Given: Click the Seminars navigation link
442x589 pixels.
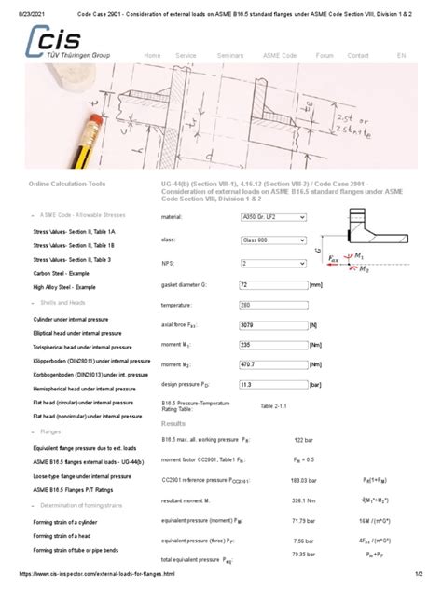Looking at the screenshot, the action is pos(229,55).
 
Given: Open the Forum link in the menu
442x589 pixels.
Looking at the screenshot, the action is pos(325,55).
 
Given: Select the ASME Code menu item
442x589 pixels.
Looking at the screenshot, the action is pos(277,55).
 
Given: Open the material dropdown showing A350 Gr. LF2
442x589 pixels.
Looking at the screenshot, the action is pos(272,216).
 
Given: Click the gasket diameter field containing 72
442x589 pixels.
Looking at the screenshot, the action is pos(268,283).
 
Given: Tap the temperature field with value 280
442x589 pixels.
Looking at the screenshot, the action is pos(268,305).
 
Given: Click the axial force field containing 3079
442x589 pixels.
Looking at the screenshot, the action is pos(268,326).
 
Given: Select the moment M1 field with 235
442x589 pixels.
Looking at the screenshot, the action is pos(268,344).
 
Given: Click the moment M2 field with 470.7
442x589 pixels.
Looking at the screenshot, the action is pos(268,365).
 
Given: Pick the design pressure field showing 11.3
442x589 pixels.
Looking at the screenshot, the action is pos(268,383).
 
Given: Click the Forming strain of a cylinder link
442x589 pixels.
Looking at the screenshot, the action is pos(68,523).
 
